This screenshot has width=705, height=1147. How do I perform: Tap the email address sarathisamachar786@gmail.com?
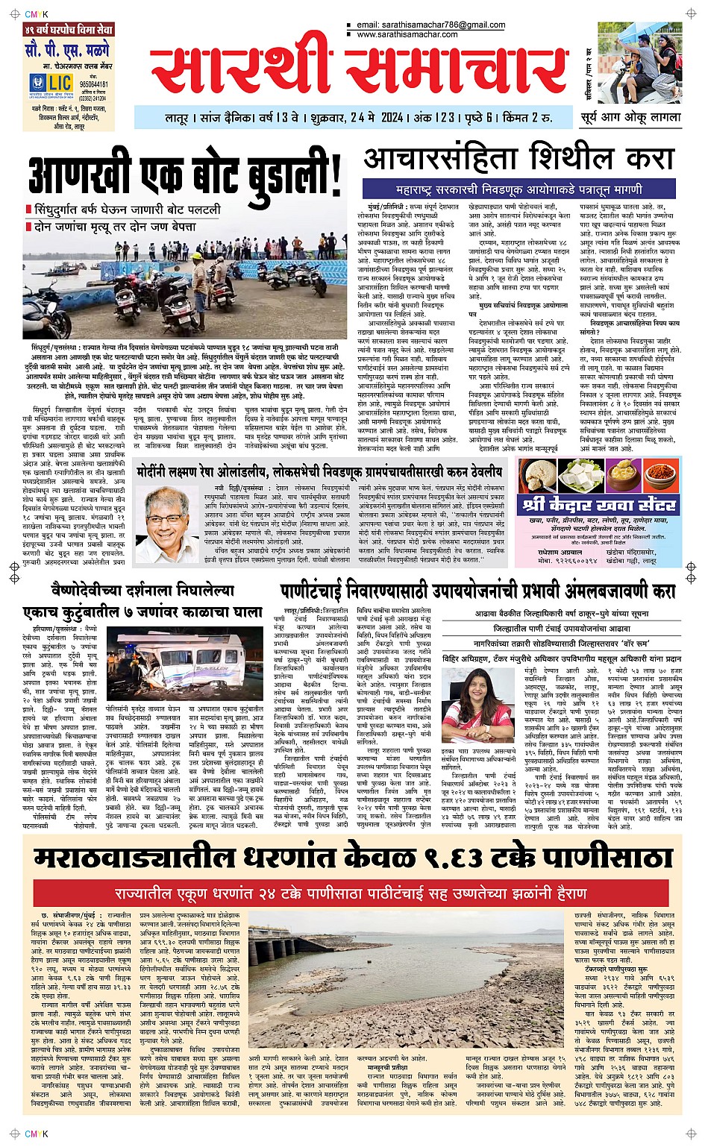pos(430,25)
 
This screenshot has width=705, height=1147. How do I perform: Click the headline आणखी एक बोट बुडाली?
pos(187,177)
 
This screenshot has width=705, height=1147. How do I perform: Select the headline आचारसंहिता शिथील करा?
pos(518,157)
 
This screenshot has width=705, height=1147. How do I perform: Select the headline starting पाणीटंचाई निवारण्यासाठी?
pos(477,591)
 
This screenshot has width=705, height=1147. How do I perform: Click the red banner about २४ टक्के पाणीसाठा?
pos(351,891)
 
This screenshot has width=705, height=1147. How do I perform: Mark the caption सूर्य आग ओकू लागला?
pos(630,117)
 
